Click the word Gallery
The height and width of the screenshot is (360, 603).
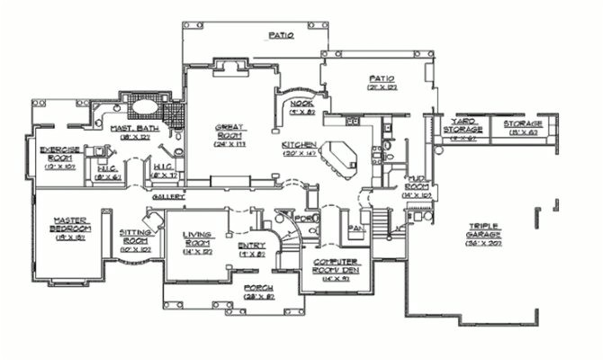coord(168,195)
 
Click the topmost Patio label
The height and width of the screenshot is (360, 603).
coord(282,36)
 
